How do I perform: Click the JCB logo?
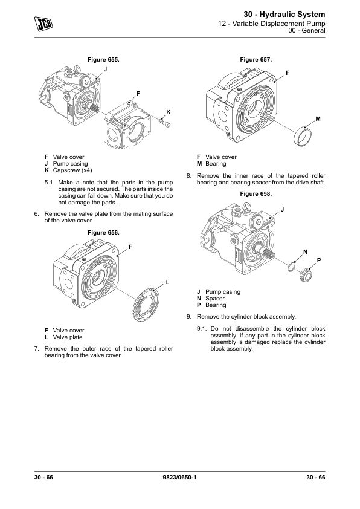point(43,24)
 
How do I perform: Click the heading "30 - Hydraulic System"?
point(284,15)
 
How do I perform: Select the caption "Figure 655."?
point(103,59)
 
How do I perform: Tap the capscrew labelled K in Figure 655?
point(166,122)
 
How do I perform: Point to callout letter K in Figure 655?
point(169,112)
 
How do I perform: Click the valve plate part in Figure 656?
point(147,304)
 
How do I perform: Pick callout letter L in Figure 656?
point(167,282)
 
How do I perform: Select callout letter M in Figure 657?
point(318,119)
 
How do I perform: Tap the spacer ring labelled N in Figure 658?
point(291,267)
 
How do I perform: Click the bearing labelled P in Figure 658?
point(305,275)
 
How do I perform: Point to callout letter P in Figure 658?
point(319,261)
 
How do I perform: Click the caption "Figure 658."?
point(256,194)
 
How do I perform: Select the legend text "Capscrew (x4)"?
point(72,170)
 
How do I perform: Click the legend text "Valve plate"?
point(68,337)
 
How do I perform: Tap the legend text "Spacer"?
point(214,298)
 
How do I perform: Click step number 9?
point(189,317)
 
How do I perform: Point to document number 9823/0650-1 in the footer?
point(179,477)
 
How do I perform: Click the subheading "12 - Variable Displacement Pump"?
point(271,24)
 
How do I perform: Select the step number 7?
point(37,349)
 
